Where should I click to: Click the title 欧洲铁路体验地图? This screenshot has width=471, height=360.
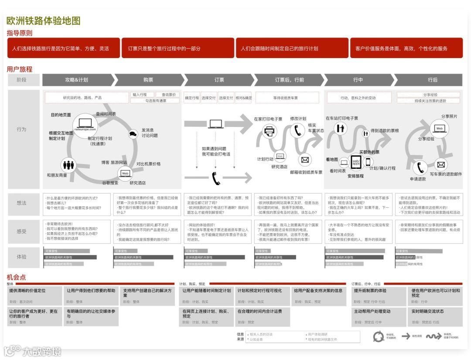[x=44, y=21]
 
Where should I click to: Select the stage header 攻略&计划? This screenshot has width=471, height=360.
[x=77, y=80]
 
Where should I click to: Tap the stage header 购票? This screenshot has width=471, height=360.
[x=148, y=80]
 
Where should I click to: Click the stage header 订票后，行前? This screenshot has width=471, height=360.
[x=290, y=80]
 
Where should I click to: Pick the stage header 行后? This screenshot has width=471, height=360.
[x=432, y=80]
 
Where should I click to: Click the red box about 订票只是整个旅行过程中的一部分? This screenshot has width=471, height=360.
[x=177, y=48]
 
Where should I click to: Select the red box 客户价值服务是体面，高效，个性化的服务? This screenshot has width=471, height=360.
[x=406, y=48]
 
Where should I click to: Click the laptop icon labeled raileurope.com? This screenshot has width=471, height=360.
[x=85, y=123]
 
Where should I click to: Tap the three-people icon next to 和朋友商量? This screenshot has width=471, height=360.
[x=69, y=165]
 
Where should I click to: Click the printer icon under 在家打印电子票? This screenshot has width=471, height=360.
[x=270, y=130]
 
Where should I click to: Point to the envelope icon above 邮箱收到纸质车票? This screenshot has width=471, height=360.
[x=305, y=160]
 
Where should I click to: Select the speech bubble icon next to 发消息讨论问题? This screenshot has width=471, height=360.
[x=133, y=134]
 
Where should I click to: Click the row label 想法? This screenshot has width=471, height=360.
[x=22, y=203]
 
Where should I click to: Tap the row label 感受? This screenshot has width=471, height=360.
[x=22, y=231]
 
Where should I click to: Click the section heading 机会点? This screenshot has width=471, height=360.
[x=16, y=277]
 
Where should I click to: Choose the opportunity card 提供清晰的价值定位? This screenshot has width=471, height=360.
[x=35, y=295]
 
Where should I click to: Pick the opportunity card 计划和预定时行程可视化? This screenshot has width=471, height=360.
[x=262, y=295]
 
